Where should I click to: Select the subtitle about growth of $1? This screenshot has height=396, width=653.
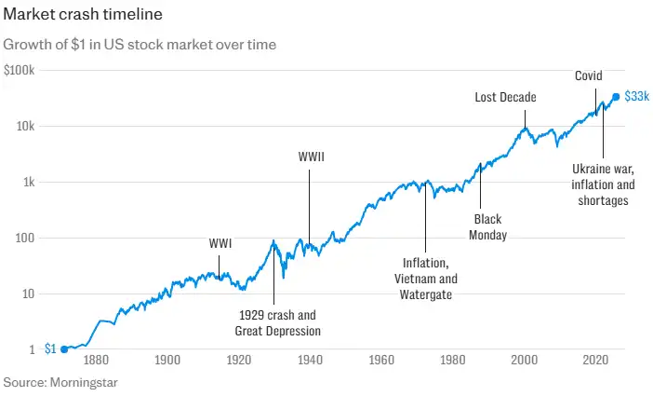[x=140, y=44]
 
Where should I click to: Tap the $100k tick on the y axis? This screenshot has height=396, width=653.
[x=20, y=71]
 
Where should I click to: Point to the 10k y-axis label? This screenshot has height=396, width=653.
[x=25, y=127]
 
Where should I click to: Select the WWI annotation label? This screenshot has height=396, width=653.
[x=220, y=244]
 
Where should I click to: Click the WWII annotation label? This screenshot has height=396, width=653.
[x=311, y=156]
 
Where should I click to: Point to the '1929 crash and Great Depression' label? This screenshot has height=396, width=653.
[x=277, y=322]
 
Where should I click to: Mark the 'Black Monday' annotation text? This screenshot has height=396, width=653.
[x=487, y=227]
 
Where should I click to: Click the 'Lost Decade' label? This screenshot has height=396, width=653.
[x=505, y=97]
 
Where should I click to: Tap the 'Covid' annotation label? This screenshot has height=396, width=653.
[x=589, y=75]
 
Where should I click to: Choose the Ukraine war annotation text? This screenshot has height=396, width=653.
[x=602, y=184]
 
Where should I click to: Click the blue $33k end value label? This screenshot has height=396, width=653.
[x=636, y=96]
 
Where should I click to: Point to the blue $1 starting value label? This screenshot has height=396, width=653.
[x=50, y=348]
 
